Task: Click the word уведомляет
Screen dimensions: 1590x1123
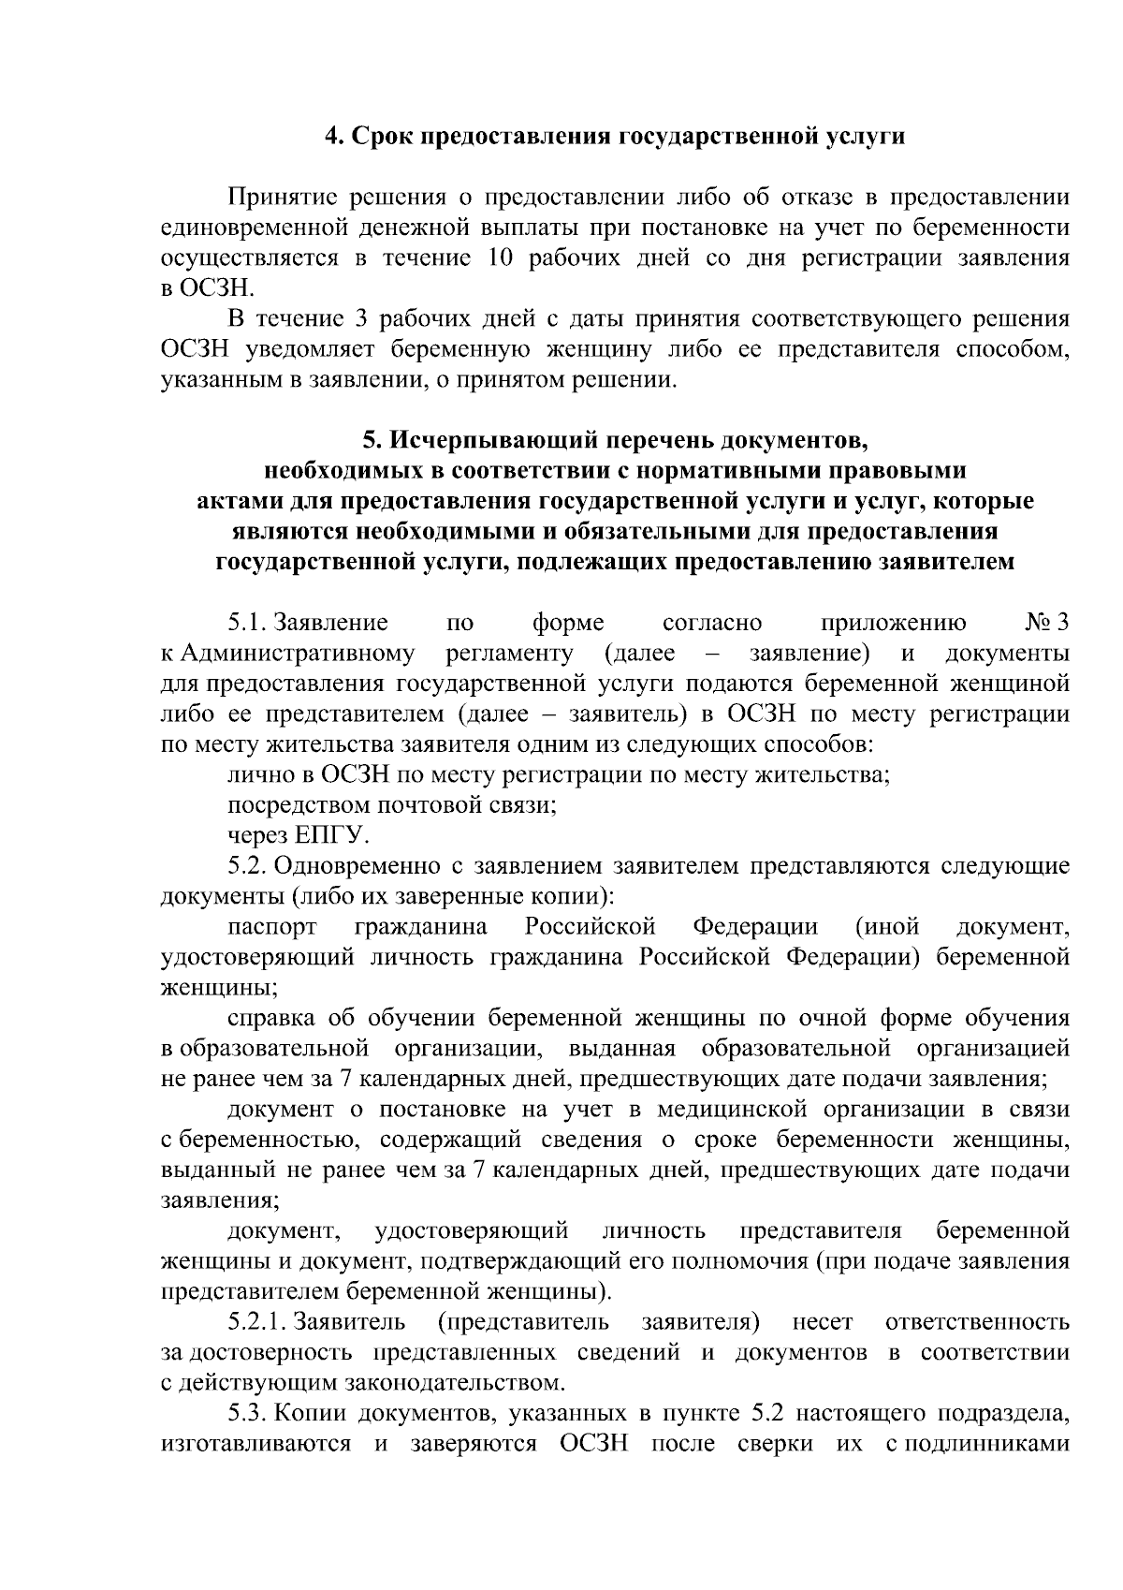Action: click(x=299, y=349)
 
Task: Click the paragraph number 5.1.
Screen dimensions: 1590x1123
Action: click(x=246, y=623)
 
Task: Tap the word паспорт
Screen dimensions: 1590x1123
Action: click(x=271, y=927)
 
